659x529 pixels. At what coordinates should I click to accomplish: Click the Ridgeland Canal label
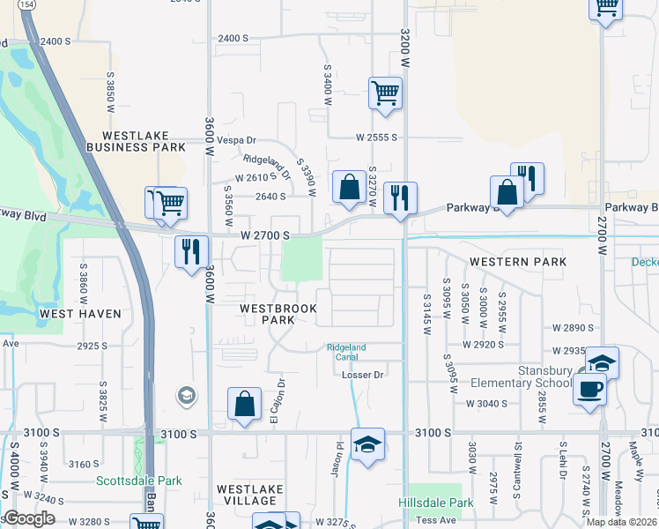(346, 352)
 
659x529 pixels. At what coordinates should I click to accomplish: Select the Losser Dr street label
(364, 375)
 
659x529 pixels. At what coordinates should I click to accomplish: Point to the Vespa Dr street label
(237, 140)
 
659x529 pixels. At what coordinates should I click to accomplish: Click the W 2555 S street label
(377, 138)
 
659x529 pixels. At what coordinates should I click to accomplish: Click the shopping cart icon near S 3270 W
(385, 92)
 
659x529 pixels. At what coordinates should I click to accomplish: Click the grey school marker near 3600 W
(186, 396)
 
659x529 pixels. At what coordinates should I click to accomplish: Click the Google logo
(29, 518)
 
